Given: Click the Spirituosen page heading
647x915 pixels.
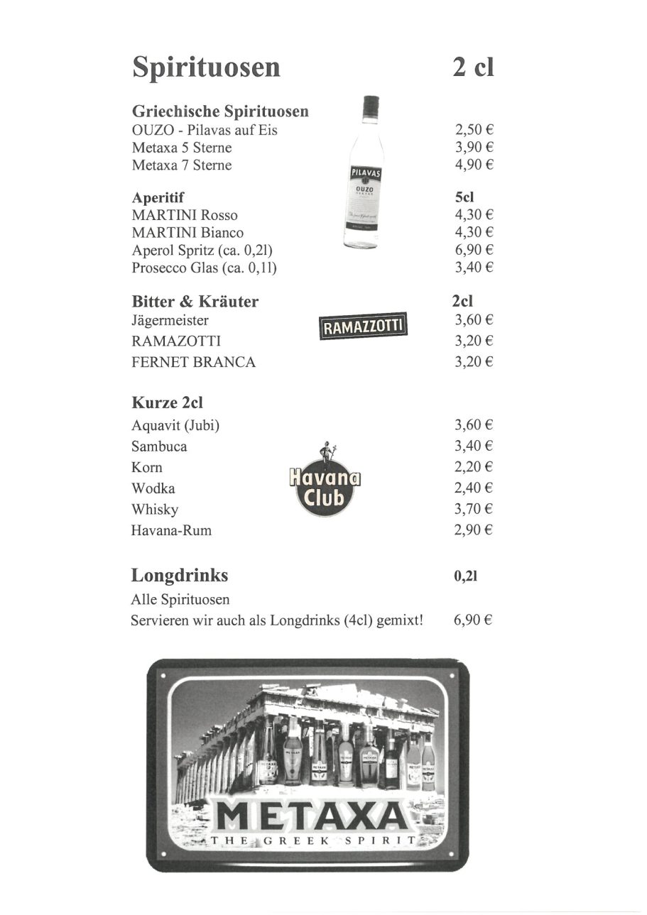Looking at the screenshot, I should (206, 68).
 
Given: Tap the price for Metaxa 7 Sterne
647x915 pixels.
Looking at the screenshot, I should (474, 165).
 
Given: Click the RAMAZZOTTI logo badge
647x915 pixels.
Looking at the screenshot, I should (363, 327).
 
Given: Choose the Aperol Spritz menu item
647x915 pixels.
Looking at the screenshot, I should (202, 251).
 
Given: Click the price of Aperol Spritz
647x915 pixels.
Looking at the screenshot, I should (474, 250).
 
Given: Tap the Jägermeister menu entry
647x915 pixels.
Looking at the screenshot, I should (170, 320).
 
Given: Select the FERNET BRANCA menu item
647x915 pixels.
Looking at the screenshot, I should (193, 362).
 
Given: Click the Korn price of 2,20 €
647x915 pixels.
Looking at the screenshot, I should (474, 467).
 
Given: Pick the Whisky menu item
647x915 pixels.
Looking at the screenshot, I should (155, 510).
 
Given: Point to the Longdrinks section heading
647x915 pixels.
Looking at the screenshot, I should (180, 575).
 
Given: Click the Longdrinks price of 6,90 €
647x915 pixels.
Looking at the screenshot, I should (473, 620).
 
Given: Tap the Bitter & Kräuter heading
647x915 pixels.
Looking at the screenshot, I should (195, 302).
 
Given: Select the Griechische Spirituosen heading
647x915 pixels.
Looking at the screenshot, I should (220, 111).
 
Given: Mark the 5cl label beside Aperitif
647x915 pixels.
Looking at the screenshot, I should (464, 198).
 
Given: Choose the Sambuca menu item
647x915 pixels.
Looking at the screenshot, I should (159, 446).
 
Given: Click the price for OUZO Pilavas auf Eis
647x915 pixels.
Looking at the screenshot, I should (474, 130).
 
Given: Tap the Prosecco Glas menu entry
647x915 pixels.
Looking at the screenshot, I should (204, 268).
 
